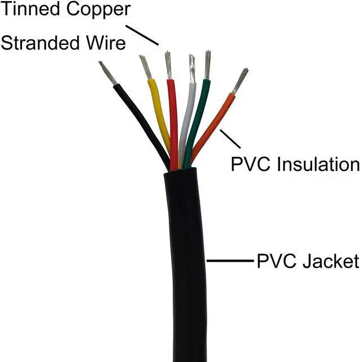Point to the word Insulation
318,164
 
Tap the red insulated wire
173,118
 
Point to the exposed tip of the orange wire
241,80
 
